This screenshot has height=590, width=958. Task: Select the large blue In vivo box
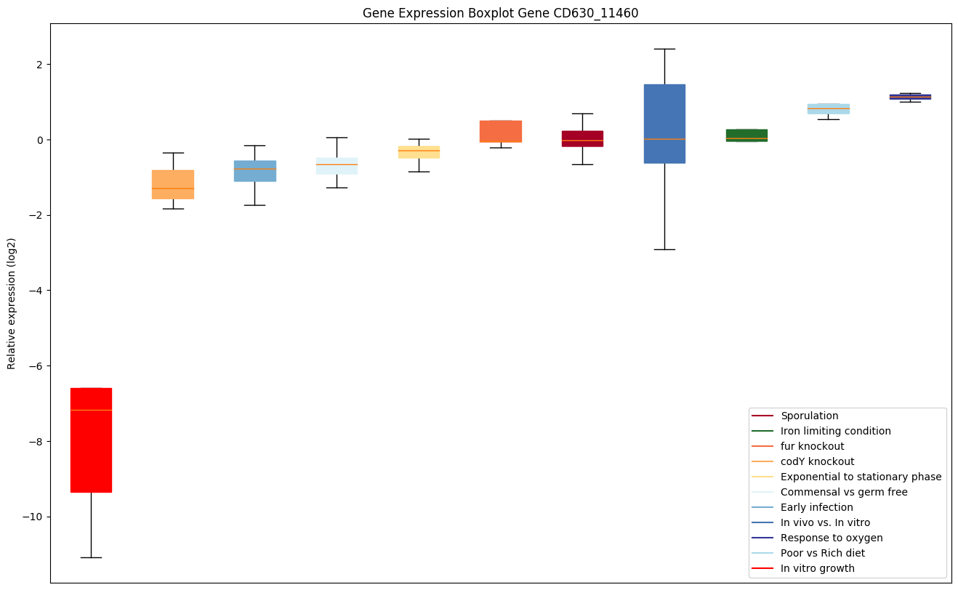pos(664,124)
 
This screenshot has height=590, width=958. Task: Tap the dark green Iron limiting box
pos(746,135)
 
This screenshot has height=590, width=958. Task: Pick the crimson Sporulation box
pos(582,138)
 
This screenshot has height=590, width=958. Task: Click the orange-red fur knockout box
pos(500,131)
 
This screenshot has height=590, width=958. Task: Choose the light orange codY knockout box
pos(173,184)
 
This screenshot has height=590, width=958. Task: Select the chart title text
pos(500,13)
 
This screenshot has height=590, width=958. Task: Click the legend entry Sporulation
pos(809,416)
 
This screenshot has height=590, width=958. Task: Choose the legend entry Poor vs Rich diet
pos(822,554)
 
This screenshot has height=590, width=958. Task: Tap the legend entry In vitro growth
pos(817,569)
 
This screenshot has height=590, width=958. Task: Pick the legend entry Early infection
pos(816,508)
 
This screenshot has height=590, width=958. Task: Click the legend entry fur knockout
pos(812,447)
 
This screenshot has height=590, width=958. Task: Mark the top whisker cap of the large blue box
pos(664,49)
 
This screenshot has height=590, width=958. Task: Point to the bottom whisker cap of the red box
pos(91,557)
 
